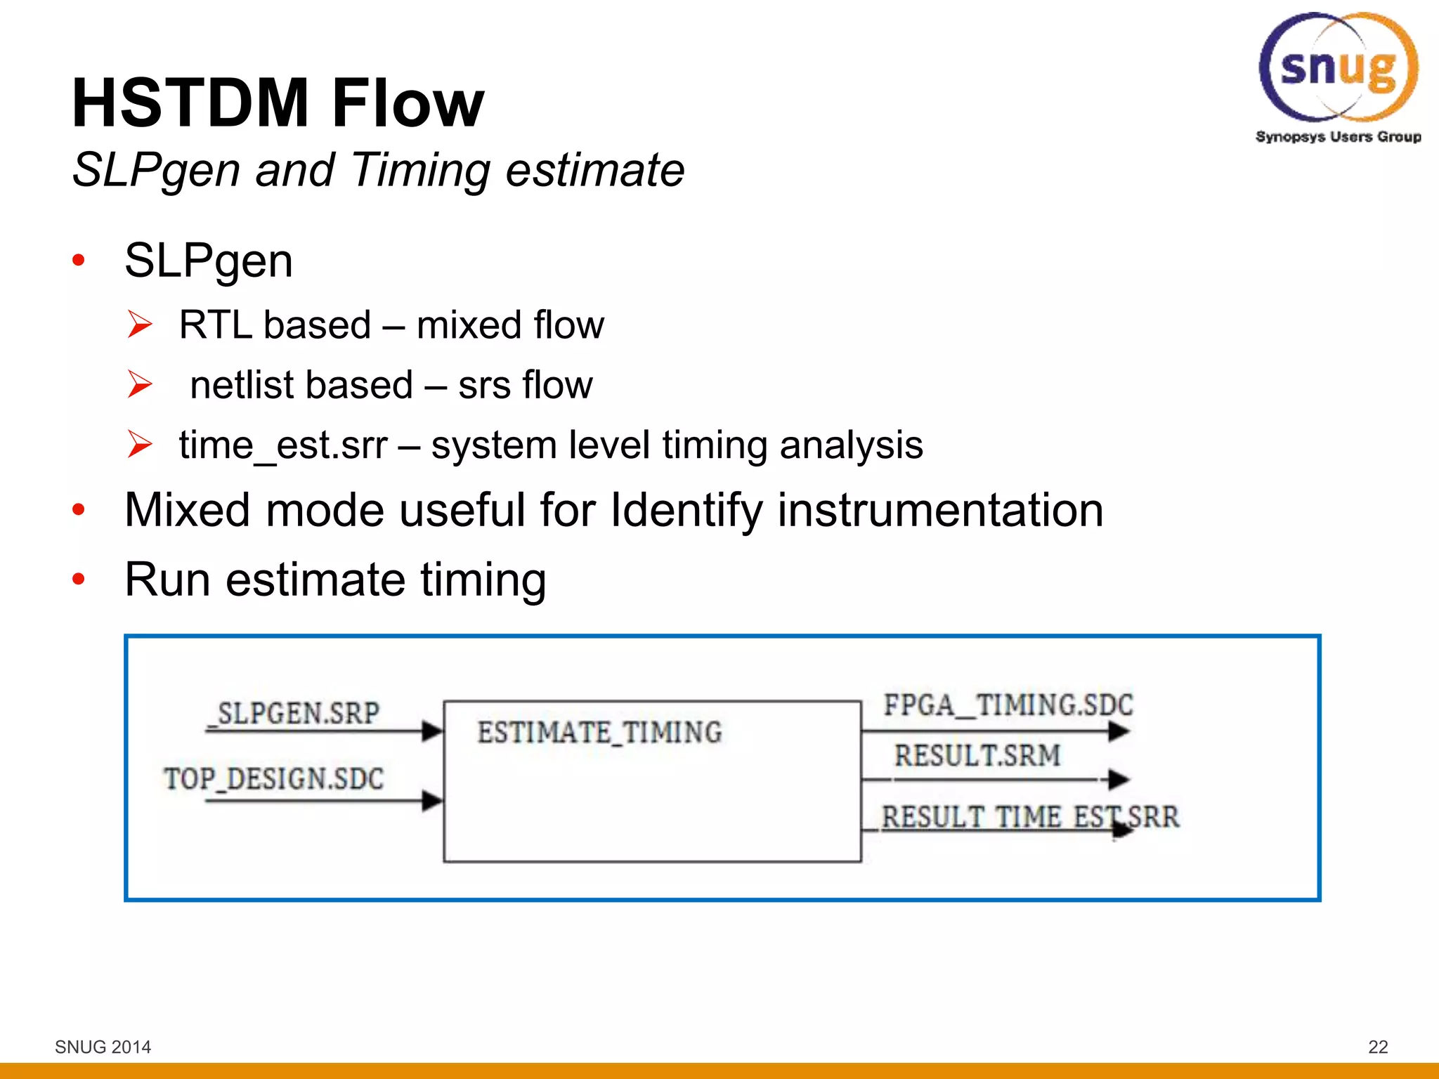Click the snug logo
[1338, 70]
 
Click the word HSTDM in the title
[190, 104]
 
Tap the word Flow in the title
[408, 104]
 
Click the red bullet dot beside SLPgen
[78, 261]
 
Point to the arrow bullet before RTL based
[140, 325]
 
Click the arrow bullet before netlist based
[140, 384]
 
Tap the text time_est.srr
[282, 445]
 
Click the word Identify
[686, 510]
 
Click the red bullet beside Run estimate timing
[78, 580]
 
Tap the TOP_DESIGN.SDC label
[274, 778]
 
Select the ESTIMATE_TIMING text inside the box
[599, 732]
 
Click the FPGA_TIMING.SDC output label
[1008, 705]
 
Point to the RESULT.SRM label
[977, 756]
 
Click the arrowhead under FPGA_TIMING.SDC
[1119, 731]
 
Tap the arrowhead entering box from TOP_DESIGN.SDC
[431, 800]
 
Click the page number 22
[1378, 1047]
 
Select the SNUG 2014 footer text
[103, 1047]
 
